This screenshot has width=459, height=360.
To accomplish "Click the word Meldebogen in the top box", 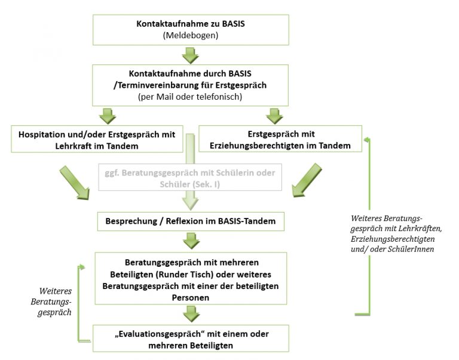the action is [191, 35].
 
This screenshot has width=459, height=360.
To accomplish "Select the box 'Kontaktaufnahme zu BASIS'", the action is [191, 30].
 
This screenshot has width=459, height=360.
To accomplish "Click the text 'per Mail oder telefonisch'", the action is [190, 97].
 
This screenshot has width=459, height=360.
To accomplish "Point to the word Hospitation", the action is [42, 134].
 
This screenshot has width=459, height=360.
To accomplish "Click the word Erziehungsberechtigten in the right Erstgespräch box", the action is [257, 146].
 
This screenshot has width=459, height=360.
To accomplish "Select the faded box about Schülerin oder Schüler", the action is [190, 177].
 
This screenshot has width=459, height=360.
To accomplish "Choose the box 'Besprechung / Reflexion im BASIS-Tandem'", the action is [191, 221].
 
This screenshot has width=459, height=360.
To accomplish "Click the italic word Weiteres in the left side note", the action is [56, 291].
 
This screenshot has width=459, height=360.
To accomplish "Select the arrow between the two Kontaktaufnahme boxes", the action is [191, 56].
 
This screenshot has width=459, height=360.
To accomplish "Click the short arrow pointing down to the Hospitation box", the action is [108, 116].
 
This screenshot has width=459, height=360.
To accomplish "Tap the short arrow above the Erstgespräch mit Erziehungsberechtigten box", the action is [274, 116].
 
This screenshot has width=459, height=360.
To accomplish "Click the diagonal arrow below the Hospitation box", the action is [74, 183].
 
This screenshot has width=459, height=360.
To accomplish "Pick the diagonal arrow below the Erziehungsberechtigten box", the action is [307, 180].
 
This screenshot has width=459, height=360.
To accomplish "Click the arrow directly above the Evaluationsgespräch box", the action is [191, 314].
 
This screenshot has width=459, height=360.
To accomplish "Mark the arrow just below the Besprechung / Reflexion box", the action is [191, 241].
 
